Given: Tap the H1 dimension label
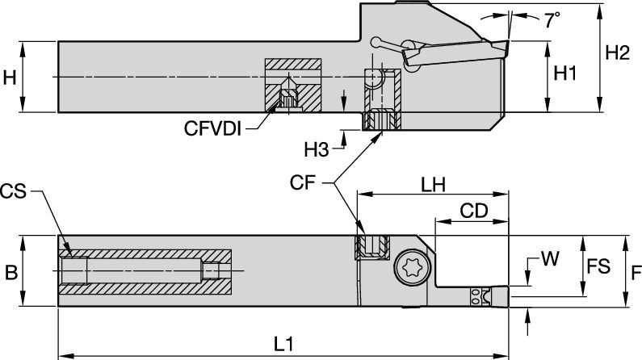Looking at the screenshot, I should coord(565,73).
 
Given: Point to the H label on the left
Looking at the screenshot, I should coord(10,77).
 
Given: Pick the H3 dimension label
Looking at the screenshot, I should coord(317,149).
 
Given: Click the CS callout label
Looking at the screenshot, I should coord(14,191).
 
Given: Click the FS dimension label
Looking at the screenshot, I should coord(598,266).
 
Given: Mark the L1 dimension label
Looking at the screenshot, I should coord(282,343).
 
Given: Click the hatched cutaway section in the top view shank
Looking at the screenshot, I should coord(294,85).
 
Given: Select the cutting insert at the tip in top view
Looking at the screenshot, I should coord(495,50).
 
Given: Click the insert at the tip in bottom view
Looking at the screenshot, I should coord(483,297).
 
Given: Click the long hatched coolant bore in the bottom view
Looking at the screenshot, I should coord(145,272).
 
